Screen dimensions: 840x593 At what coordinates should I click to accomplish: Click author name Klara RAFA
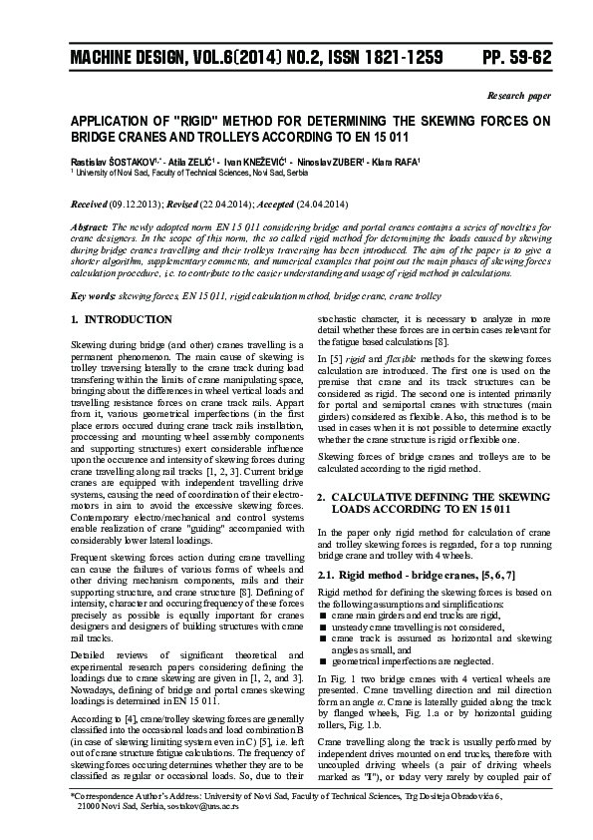point(397,160)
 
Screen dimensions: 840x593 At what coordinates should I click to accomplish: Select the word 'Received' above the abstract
point(91,204)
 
